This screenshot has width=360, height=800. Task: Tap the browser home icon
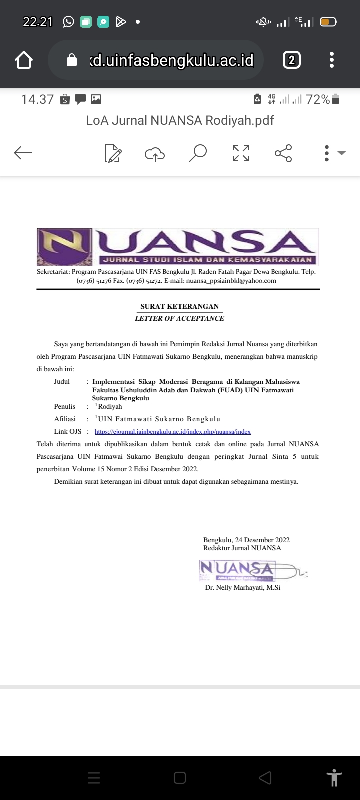coord(24,60)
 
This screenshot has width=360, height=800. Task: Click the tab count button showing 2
coord(292,60)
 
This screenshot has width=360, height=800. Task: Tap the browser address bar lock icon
coord(72,60)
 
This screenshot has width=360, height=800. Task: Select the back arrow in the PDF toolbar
coord(23,153)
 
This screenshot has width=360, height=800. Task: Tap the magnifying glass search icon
coord(198,153)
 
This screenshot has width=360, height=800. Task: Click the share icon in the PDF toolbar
coord(283,153)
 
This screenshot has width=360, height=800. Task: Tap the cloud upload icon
coord(155,154)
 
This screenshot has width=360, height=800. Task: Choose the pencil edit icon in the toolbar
coord(113,153)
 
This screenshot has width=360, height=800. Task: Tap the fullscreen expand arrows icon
coord(241,153)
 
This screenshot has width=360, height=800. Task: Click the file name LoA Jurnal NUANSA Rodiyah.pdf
coord(180,120)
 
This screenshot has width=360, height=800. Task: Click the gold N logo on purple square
coord(64,247)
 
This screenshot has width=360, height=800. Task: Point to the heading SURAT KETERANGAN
coord(179,306)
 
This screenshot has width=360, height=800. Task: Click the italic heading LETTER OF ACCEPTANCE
coord(179,318)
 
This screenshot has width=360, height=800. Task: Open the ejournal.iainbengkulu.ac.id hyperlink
coord(173,431)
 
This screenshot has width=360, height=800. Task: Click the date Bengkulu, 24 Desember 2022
coord(246,540)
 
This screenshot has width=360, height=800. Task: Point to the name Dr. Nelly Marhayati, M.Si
coord(242,587)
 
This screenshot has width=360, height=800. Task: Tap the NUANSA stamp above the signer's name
coord(237,569)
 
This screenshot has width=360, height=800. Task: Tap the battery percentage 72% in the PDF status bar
coord(318,99)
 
